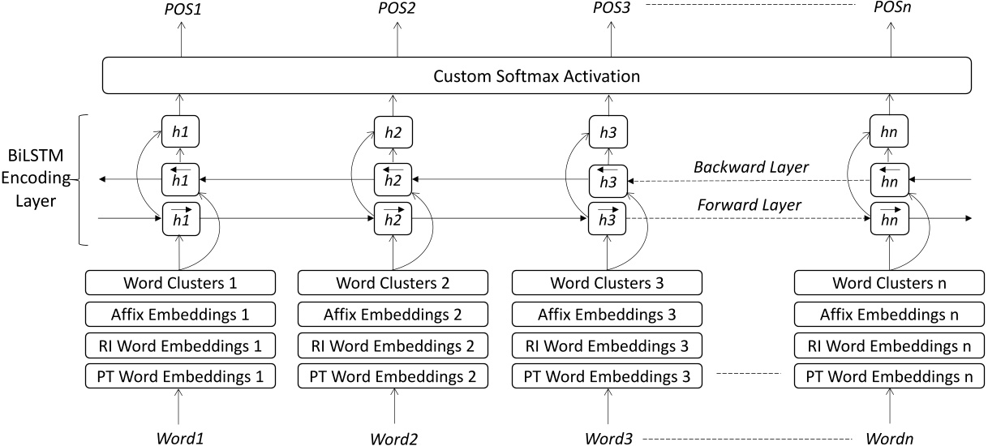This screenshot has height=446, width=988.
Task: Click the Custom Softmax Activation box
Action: pyautogui.click(x=536, y=77)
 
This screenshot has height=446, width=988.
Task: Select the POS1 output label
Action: pyautogui.click(x=181, y=9)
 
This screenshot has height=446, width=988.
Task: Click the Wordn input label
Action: pyautogui.click(x=890, y=437)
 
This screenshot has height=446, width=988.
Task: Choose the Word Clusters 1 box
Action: pyautogui.click(x=181, y=284)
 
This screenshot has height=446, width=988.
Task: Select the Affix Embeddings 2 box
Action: pyautogui.click(x=393, y=315)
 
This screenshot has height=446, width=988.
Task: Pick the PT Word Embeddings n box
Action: pyautogui.click(x=890, y=376)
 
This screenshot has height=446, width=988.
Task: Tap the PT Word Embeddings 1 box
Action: pyautogui.click(x=181, y=376)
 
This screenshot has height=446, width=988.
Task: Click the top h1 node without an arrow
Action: pyautogui.click(x=181, y=131)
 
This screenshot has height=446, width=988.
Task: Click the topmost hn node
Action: pyautogui.click(x=890, y=131)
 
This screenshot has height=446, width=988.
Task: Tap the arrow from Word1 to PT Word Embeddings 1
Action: pyautogui.click(x=181, y=406)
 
